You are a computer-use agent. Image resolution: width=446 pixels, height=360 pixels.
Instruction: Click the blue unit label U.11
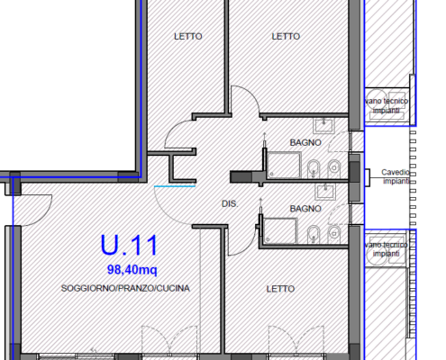(x=129, y=245)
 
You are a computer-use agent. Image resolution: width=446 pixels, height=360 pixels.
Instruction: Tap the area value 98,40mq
(x=132, y=270)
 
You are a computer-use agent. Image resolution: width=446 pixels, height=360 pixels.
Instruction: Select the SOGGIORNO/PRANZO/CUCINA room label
(x=125, y=288)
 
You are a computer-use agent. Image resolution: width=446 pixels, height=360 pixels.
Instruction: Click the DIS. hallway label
(x=230, y=204)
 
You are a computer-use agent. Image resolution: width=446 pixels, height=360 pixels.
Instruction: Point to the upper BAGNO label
(x=305, y=142)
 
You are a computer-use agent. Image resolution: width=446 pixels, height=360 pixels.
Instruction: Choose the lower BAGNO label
(x=305, y=209)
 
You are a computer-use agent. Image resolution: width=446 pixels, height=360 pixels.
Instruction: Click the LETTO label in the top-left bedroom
(x=188, y=36)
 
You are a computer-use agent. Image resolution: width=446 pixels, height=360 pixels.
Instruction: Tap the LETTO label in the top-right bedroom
(x=286, y=36)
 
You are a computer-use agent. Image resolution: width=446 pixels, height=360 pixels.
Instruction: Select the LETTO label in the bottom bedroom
(x=280, y=289)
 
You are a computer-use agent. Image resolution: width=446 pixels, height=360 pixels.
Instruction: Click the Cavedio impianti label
(x=396, y=176)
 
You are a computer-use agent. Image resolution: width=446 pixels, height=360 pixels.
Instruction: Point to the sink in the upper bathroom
(x=323, y=126)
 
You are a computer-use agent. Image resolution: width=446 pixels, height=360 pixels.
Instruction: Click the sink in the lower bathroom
(x=325, y=192)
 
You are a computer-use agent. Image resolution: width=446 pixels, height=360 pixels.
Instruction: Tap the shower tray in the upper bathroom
(x=284, y=165)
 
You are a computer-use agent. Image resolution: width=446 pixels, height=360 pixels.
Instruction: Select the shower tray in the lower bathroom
(x=280, y=230)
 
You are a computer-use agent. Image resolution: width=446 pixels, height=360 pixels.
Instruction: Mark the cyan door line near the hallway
(x=175, y=186)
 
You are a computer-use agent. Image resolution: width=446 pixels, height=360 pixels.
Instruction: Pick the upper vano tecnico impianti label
(x=387, y=106)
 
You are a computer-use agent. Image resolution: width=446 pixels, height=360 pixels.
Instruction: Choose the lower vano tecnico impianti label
(x=387, y=249)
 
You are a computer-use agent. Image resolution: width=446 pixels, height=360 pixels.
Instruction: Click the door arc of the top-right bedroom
(x=252, y=94)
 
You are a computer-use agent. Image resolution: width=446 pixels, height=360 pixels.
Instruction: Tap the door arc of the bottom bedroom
(x=249, y=247)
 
